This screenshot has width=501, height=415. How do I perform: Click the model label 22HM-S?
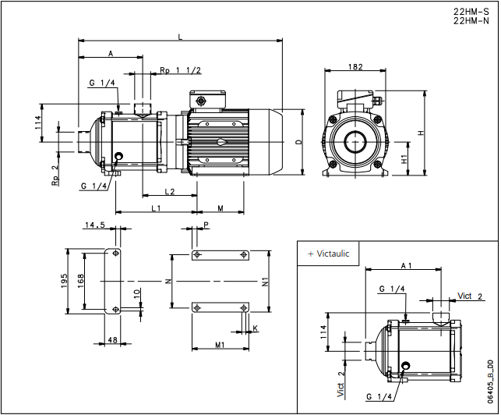click(471, 12)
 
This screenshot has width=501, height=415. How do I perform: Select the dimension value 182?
click(355, 67)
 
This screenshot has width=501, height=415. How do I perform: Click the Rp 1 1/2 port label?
click(180, 70)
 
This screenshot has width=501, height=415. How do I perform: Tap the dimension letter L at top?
click(181, 37)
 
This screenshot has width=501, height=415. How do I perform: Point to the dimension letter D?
click(298, 143)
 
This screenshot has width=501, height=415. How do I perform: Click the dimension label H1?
click(404, 159)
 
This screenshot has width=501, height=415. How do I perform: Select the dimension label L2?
click(168, 192)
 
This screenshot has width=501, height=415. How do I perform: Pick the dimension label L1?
click(155, 208)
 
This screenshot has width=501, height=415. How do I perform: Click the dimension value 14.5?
click(95, 225)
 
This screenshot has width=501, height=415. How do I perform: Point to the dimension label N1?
click(265, 281)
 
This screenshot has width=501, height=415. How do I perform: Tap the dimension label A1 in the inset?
click(406, 266)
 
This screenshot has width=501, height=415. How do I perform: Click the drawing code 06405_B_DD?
click(489, 381)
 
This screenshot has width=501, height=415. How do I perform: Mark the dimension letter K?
click(254, 329)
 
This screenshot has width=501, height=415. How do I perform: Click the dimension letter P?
click(206, 225)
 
